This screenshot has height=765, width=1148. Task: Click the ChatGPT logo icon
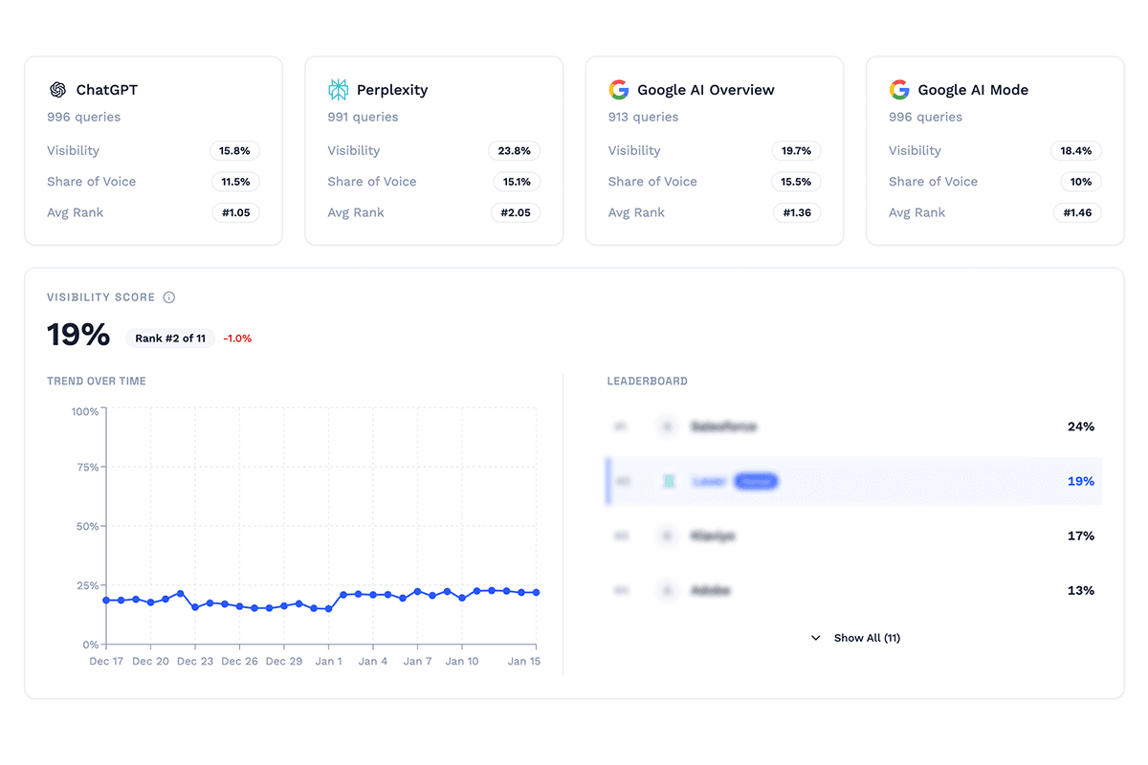(x=57, y=90)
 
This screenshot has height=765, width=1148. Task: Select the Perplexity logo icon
(x=338, y=90)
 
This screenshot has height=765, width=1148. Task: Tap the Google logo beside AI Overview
(x=618, y=90)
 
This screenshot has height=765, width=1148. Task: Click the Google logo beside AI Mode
(x=898, y=90)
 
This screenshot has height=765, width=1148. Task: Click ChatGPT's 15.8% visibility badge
(x=235, y=151)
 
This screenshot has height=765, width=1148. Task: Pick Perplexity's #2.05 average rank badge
(x=516, y=212)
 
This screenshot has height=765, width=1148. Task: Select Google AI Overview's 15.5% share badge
(x=796, y=182)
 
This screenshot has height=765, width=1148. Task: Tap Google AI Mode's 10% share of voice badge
(x=1080, y=182)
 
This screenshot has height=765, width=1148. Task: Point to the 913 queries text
(x=643, y=117)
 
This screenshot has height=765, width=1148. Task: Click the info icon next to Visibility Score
(x=169, y=297)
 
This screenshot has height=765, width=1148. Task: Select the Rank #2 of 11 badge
(x=170, y=339)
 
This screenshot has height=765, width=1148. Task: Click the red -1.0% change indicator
(x=237, y=339)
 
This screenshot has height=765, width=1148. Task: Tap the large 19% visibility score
(x=78, y=336)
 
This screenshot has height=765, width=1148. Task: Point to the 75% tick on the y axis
(x=85, y=468)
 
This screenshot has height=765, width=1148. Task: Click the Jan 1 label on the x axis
(x=328, y=661)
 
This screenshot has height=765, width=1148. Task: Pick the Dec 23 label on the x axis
(x=195, y=661)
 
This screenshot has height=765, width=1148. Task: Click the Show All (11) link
(x=856, y=638)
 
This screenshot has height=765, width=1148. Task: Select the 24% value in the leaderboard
(x=1080, y=426)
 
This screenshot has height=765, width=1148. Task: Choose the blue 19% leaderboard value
(x=1080, y=481)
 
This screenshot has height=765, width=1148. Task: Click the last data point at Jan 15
(x=536, y=593)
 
